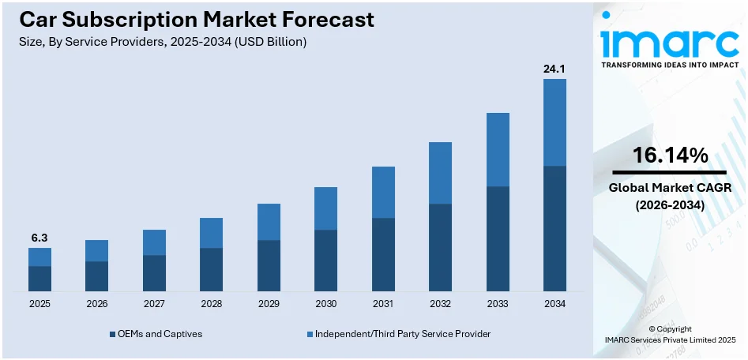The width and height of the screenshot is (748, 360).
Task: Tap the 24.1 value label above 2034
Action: [554, 69]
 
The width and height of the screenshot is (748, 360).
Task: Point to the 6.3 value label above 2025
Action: [39, 238]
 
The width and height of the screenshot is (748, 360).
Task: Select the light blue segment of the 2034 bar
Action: [554, 122]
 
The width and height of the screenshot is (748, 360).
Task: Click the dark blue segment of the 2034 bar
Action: [554, 228]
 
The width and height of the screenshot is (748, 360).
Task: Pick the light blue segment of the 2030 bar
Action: [325, 208]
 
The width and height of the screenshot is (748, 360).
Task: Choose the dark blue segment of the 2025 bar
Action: [39, 279]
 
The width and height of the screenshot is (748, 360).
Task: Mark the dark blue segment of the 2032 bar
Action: [440, 247]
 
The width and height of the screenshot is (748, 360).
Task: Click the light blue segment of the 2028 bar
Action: [211, 233]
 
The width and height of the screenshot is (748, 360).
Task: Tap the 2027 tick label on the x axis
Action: [154, 304]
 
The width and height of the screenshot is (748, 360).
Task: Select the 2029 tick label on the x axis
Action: [269, 304]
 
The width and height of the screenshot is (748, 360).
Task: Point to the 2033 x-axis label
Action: [498, 304]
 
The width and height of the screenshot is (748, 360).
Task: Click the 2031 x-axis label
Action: [383, 304]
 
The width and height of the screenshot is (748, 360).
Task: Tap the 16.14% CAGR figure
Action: [670, 156]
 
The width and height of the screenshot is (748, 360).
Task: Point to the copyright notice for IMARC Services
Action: [670, 334]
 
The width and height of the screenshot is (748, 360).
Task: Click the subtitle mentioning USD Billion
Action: [161, 42]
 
